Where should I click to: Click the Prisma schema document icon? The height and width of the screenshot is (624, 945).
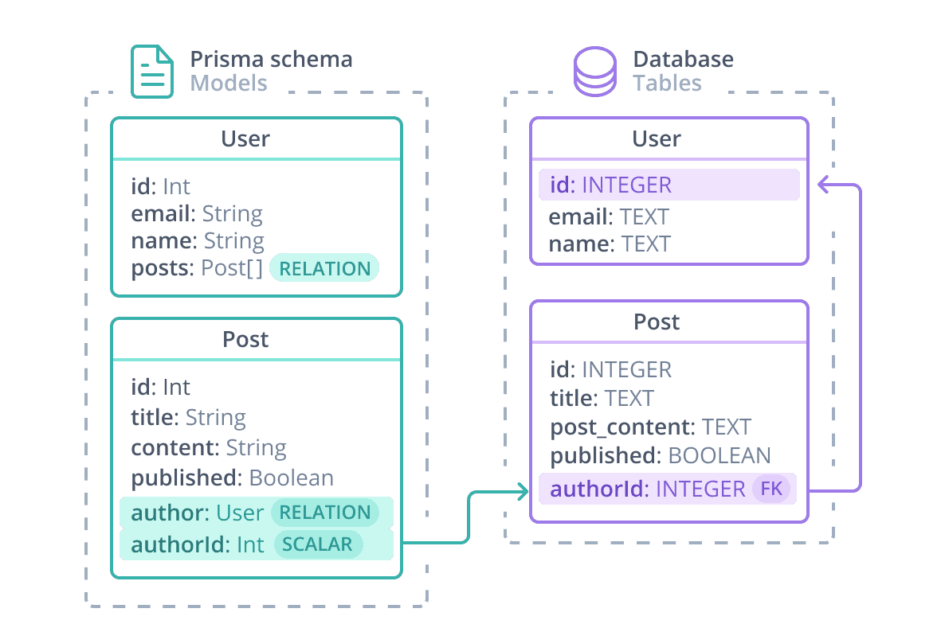[151, 72]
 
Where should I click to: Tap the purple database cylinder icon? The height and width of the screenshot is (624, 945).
[595, 72]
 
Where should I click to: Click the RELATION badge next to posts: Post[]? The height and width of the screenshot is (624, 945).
[324, 268]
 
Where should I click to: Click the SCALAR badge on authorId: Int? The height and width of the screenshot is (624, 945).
[318, 544]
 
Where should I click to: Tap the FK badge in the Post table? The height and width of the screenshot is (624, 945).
[771, 489]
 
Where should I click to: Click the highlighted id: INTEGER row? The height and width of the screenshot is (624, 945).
[669, 185]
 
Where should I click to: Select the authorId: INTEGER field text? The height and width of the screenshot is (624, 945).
[647, 489]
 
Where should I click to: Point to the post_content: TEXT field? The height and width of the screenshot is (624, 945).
[650, 427]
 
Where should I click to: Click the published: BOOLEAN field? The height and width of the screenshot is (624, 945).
[660, 455]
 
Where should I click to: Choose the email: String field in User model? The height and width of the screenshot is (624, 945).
[197, 213]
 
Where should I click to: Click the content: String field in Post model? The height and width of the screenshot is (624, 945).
[209, 447]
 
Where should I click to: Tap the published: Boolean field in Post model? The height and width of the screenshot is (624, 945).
[232, 478]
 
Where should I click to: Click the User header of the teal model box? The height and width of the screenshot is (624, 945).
[245, 138]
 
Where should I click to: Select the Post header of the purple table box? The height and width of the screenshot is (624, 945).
[657, 322]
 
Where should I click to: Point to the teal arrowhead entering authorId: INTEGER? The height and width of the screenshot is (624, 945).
[523, 491]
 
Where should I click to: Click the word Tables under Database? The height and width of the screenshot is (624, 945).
[667, 83]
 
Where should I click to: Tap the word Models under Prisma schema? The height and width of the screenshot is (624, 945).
[229, 83]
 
